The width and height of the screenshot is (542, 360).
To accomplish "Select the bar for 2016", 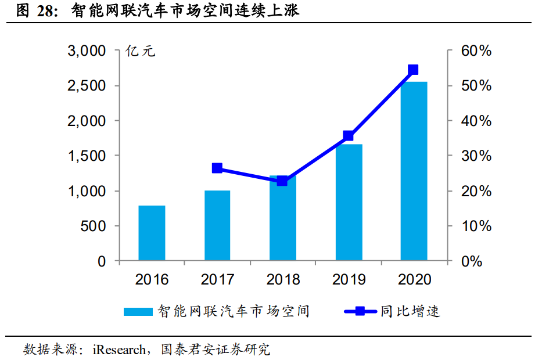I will (x=152, y=233).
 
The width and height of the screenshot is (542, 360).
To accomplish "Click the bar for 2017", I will (x=217, y=226).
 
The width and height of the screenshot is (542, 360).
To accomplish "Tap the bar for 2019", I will (x=349, y=203).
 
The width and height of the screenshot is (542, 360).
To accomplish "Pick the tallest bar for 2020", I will (x=414, y=171).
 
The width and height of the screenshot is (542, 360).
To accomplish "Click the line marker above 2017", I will (x=217, y=168).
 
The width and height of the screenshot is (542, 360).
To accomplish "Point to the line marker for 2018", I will (x=282, y=181).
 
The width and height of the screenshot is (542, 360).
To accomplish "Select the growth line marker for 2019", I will (x=349, y=136).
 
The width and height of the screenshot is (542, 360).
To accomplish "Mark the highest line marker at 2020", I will (x=414, y=70).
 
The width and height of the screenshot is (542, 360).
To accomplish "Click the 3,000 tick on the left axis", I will (x=87, y=51).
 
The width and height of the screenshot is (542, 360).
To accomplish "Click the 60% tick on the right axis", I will (x=476, y=51).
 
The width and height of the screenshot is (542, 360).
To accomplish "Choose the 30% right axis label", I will (x=476, y=156).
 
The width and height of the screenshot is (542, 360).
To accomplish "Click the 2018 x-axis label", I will (x=283, y=280).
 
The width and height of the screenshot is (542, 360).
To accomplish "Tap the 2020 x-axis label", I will (x=414, y=280).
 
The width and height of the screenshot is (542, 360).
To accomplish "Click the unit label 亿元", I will (x=140, y=51).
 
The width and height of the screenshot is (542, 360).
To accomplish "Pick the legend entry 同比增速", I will (x=410, y=311).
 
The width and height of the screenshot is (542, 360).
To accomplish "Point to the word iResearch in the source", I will (x=120, y=350).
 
